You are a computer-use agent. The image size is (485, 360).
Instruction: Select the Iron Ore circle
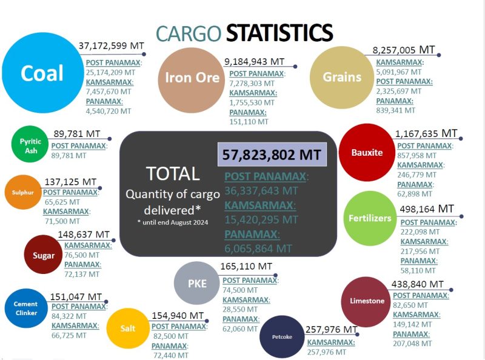(192, 78)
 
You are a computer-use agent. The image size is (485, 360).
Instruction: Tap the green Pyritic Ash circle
(30, 146)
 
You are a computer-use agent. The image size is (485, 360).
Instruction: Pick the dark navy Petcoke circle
(281, 337)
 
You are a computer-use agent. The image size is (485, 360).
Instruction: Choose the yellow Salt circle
(127, 328)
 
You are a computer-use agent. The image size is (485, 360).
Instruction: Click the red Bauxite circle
(367, 153)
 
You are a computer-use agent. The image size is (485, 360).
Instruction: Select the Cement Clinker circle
(25, 308)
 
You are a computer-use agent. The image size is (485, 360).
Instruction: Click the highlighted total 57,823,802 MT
(272, 155)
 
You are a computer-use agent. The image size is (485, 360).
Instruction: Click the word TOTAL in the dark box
(173, 174)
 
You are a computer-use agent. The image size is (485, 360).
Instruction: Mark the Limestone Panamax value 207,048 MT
(412, 343)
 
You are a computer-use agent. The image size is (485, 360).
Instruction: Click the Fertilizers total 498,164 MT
(427, 209)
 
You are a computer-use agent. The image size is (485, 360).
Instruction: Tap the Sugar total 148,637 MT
(84, 235)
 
